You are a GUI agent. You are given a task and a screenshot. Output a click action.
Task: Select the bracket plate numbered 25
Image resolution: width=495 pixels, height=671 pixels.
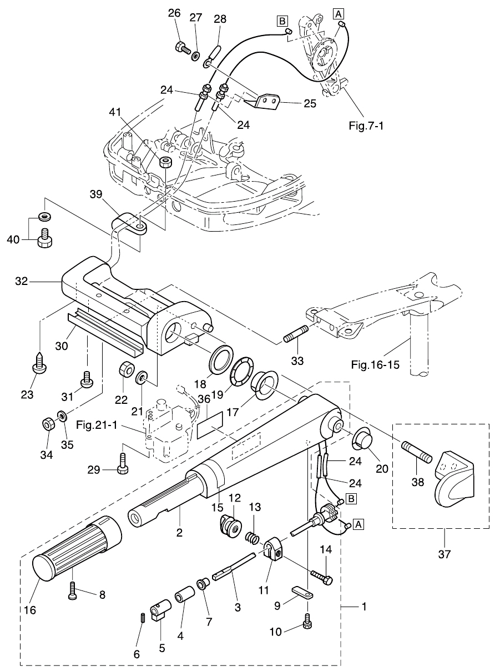coord(264,102)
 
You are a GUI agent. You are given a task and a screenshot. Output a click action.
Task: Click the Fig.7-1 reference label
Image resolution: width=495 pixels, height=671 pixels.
coord(366,126)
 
